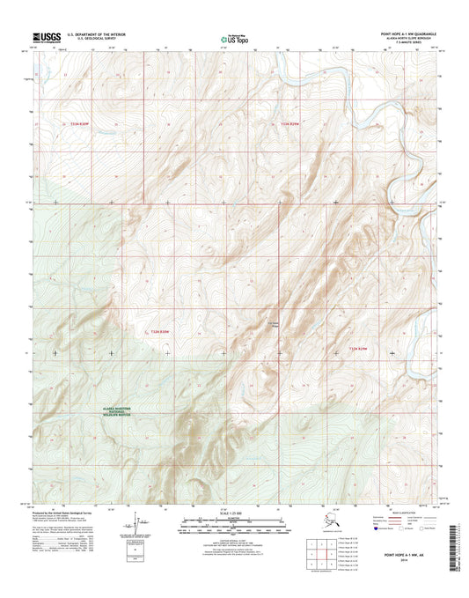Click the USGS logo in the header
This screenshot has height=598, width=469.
(x=45, y=37)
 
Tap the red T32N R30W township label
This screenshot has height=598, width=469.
(x=159, y=331)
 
